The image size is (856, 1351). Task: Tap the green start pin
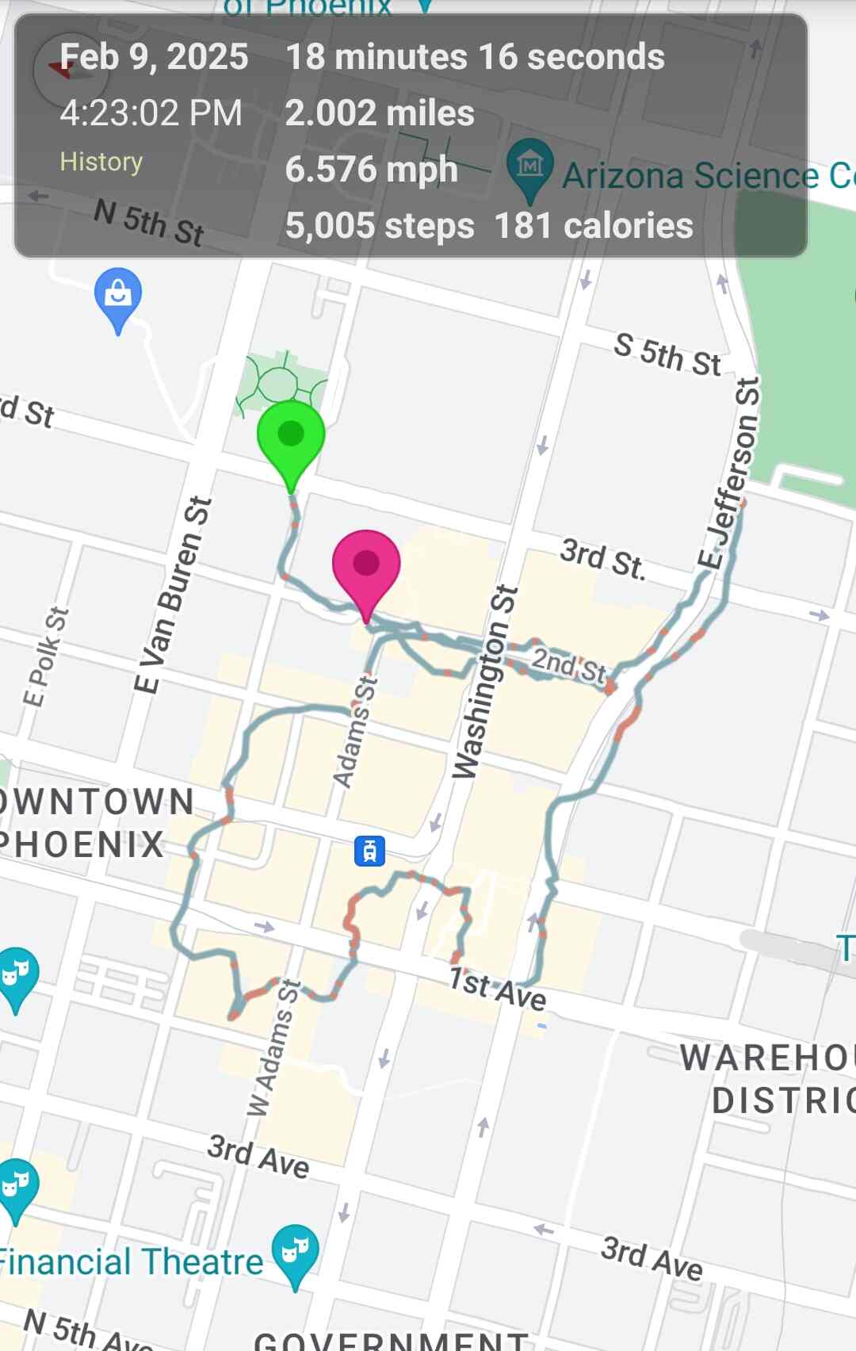291,435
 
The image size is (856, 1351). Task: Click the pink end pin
365,565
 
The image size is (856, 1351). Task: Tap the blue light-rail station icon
369,851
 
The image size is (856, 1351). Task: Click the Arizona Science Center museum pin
529,166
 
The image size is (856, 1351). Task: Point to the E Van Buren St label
173,595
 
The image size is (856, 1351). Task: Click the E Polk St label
46,656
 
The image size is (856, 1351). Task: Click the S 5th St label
667,354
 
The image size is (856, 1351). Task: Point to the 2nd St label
568,664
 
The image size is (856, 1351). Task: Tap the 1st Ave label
497,988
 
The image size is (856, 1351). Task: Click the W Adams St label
274,1047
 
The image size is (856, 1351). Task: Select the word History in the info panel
101,162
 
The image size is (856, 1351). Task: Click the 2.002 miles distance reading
380,113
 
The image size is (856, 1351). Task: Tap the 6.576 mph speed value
371,170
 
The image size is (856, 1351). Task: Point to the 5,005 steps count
380,226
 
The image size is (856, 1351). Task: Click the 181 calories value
594,226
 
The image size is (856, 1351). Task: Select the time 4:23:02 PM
151,113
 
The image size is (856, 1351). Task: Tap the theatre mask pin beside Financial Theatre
295,1253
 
